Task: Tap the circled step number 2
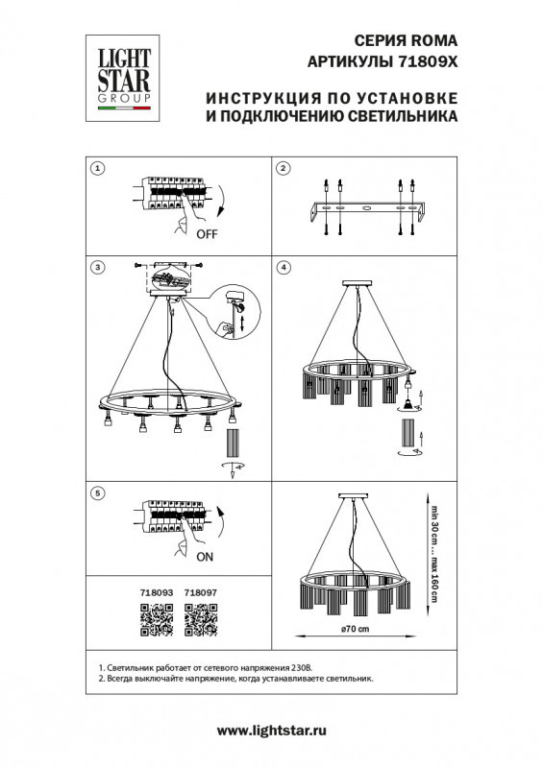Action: click(284, 170)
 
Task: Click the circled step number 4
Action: click(284, 266)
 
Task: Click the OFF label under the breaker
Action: click(206, 233)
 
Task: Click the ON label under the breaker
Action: click(205, 555)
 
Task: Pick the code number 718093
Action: click(156, 594)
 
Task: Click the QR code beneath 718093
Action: click(156, 624)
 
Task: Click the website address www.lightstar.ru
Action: click(272, 732)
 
